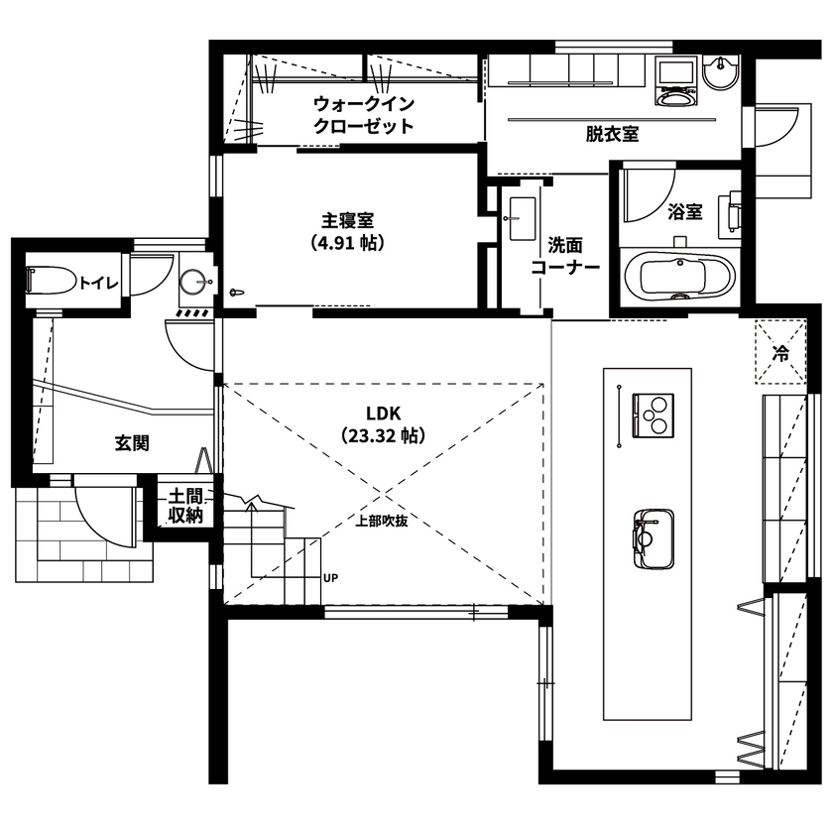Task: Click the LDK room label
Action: point(381,414)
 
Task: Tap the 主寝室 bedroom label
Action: point(346,220)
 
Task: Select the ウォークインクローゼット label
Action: point(363,115)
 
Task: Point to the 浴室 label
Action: point(684,211)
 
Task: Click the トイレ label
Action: point(99,283)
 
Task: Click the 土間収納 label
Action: point(185,505)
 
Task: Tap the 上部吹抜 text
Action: point(382,521)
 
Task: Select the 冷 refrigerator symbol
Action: point(780,352)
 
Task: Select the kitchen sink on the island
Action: point(652,536)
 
